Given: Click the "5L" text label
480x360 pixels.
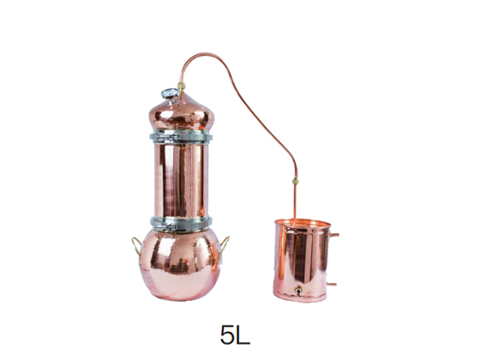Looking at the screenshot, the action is (235, 334).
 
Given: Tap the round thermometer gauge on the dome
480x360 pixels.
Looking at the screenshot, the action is (170, 93).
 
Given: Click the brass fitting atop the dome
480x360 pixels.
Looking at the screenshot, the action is (181, 86).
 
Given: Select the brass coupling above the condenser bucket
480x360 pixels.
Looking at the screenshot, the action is (296, 181).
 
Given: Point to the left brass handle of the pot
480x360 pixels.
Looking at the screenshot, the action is (135, 245).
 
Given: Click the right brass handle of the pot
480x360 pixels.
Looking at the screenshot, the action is (225, 245).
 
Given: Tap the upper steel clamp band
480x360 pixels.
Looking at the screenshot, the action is (181, 136).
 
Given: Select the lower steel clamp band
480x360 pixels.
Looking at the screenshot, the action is (181, 224).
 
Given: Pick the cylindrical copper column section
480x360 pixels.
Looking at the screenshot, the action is (181, 180).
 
